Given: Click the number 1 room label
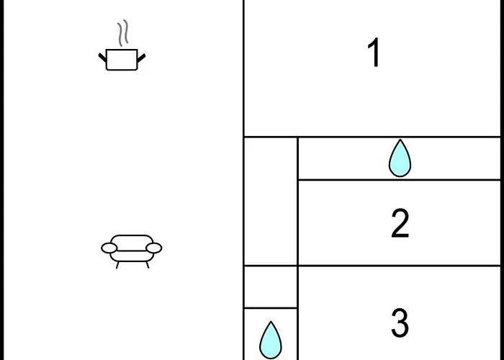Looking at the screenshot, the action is (374, 53).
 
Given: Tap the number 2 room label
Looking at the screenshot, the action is (400, 223).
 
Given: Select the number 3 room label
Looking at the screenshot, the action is (400, 323).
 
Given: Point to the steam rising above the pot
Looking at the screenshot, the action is (122, 33).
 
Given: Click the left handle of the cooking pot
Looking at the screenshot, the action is (102, 58).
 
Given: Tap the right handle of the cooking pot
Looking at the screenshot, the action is (141, 58).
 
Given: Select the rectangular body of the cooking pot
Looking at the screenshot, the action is (122, 60).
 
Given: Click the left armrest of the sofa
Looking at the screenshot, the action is (109, 248).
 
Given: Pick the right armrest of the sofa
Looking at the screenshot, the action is (153, 248).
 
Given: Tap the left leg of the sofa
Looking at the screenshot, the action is (117, 265).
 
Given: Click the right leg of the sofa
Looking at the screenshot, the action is (147, 265).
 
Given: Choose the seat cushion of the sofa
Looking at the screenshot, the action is (132, 256).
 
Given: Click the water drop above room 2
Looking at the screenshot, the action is (400, 158).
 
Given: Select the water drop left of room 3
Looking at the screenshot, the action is (271, 341).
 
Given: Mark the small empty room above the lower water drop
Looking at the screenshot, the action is (271, 287).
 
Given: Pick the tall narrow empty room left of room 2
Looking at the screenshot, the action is (271, 202).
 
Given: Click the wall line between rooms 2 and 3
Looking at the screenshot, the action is (399, 266).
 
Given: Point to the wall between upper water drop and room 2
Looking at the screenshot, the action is (399, 180).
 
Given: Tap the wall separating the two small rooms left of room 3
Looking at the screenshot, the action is (271, 308).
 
